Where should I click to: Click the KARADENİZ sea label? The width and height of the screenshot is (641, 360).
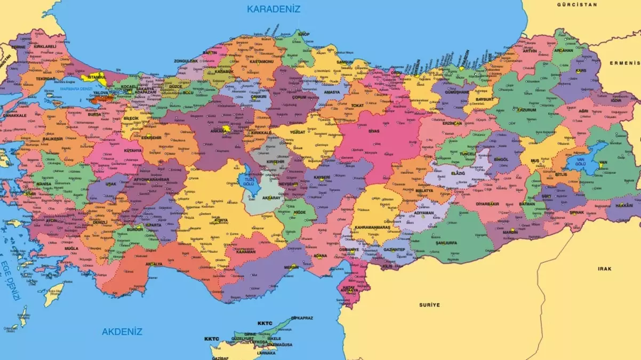[x=274, y=9]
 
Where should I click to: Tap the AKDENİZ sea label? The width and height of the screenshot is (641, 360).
[x=122, y=332]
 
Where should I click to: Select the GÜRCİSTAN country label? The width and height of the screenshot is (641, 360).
[x=576, y=4]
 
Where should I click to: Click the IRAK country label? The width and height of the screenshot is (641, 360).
[x=604, y=269]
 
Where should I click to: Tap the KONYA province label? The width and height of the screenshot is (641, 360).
[x=221, y=220]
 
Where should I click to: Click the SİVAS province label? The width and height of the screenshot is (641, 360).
[x=374, y=131]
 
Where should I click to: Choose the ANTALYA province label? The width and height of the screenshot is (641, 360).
[x=154, y=264]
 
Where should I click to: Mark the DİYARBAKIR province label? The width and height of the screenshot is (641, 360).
[x=487, y=204]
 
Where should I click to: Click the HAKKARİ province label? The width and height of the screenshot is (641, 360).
[x=624, y=205]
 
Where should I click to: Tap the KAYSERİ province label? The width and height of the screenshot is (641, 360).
[x=322, y=177]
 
